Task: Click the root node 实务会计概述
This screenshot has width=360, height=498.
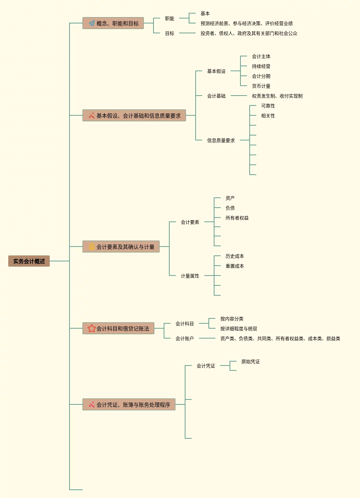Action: tap(29, 261)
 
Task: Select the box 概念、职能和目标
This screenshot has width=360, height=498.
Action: tap(113, 23)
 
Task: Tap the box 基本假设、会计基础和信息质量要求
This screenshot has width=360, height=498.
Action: tap(134, 116)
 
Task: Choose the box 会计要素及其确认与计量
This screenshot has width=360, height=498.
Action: tap(121, 247)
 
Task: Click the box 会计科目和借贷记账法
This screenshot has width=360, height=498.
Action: tap(118, 329)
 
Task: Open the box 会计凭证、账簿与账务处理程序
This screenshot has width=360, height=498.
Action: tap(129, 405)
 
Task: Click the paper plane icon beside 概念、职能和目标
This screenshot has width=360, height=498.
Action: tap(92, 23)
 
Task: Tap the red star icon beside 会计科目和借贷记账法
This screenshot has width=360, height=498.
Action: tap(92, 329)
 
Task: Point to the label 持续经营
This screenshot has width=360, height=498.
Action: tap(261, 66)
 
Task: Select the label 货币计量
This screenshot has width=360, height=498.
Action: tap(261, 86)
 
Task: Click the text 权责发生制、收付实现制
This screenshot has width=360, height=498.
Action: tap(277, 96)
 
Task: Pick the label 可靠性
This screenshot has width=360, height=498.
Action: tap(268, 106)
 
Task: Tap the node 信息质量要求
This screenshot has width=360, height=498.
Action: tap(221, 140)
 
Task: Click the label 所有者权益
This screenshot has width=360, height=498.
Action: tap(237, 218)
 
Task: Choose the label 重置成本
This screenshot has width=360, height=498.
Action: tap(235, 266)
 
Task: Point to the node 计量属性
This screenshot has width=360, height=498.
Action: tap(190, 276)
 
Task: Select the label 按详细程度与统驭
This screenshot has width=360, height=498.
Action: tap(238, 329)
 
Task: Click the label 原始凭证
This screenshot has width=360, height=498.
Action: tap(250, 362)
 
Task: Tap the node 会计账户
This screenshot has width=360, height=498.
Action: tap(184, 338)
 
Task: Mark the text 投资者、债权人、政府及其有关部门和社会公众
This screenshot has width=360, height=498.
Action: tap(249, 33)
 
